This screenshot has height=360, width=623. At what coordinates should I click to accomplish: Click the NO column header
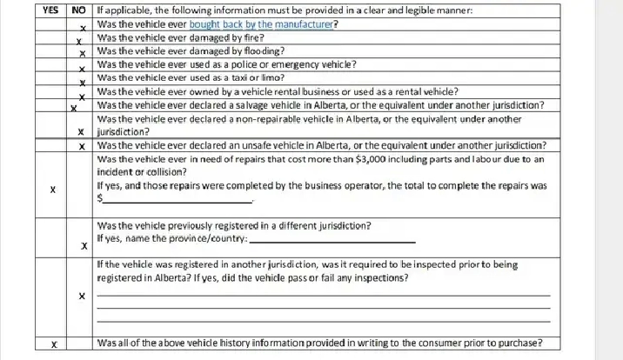[79, 10]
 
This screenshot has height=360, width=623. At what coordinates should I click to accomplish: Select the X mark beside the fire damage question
[78, 40]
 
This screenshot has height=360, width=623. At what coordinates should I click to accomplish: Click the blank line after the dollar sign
[178, 201]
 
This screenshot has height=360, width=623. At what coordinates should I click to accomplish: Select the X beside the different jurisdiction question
[83, 246]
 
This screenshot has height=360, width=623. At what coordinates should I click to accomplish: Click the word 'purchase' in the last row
[530, 343]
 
